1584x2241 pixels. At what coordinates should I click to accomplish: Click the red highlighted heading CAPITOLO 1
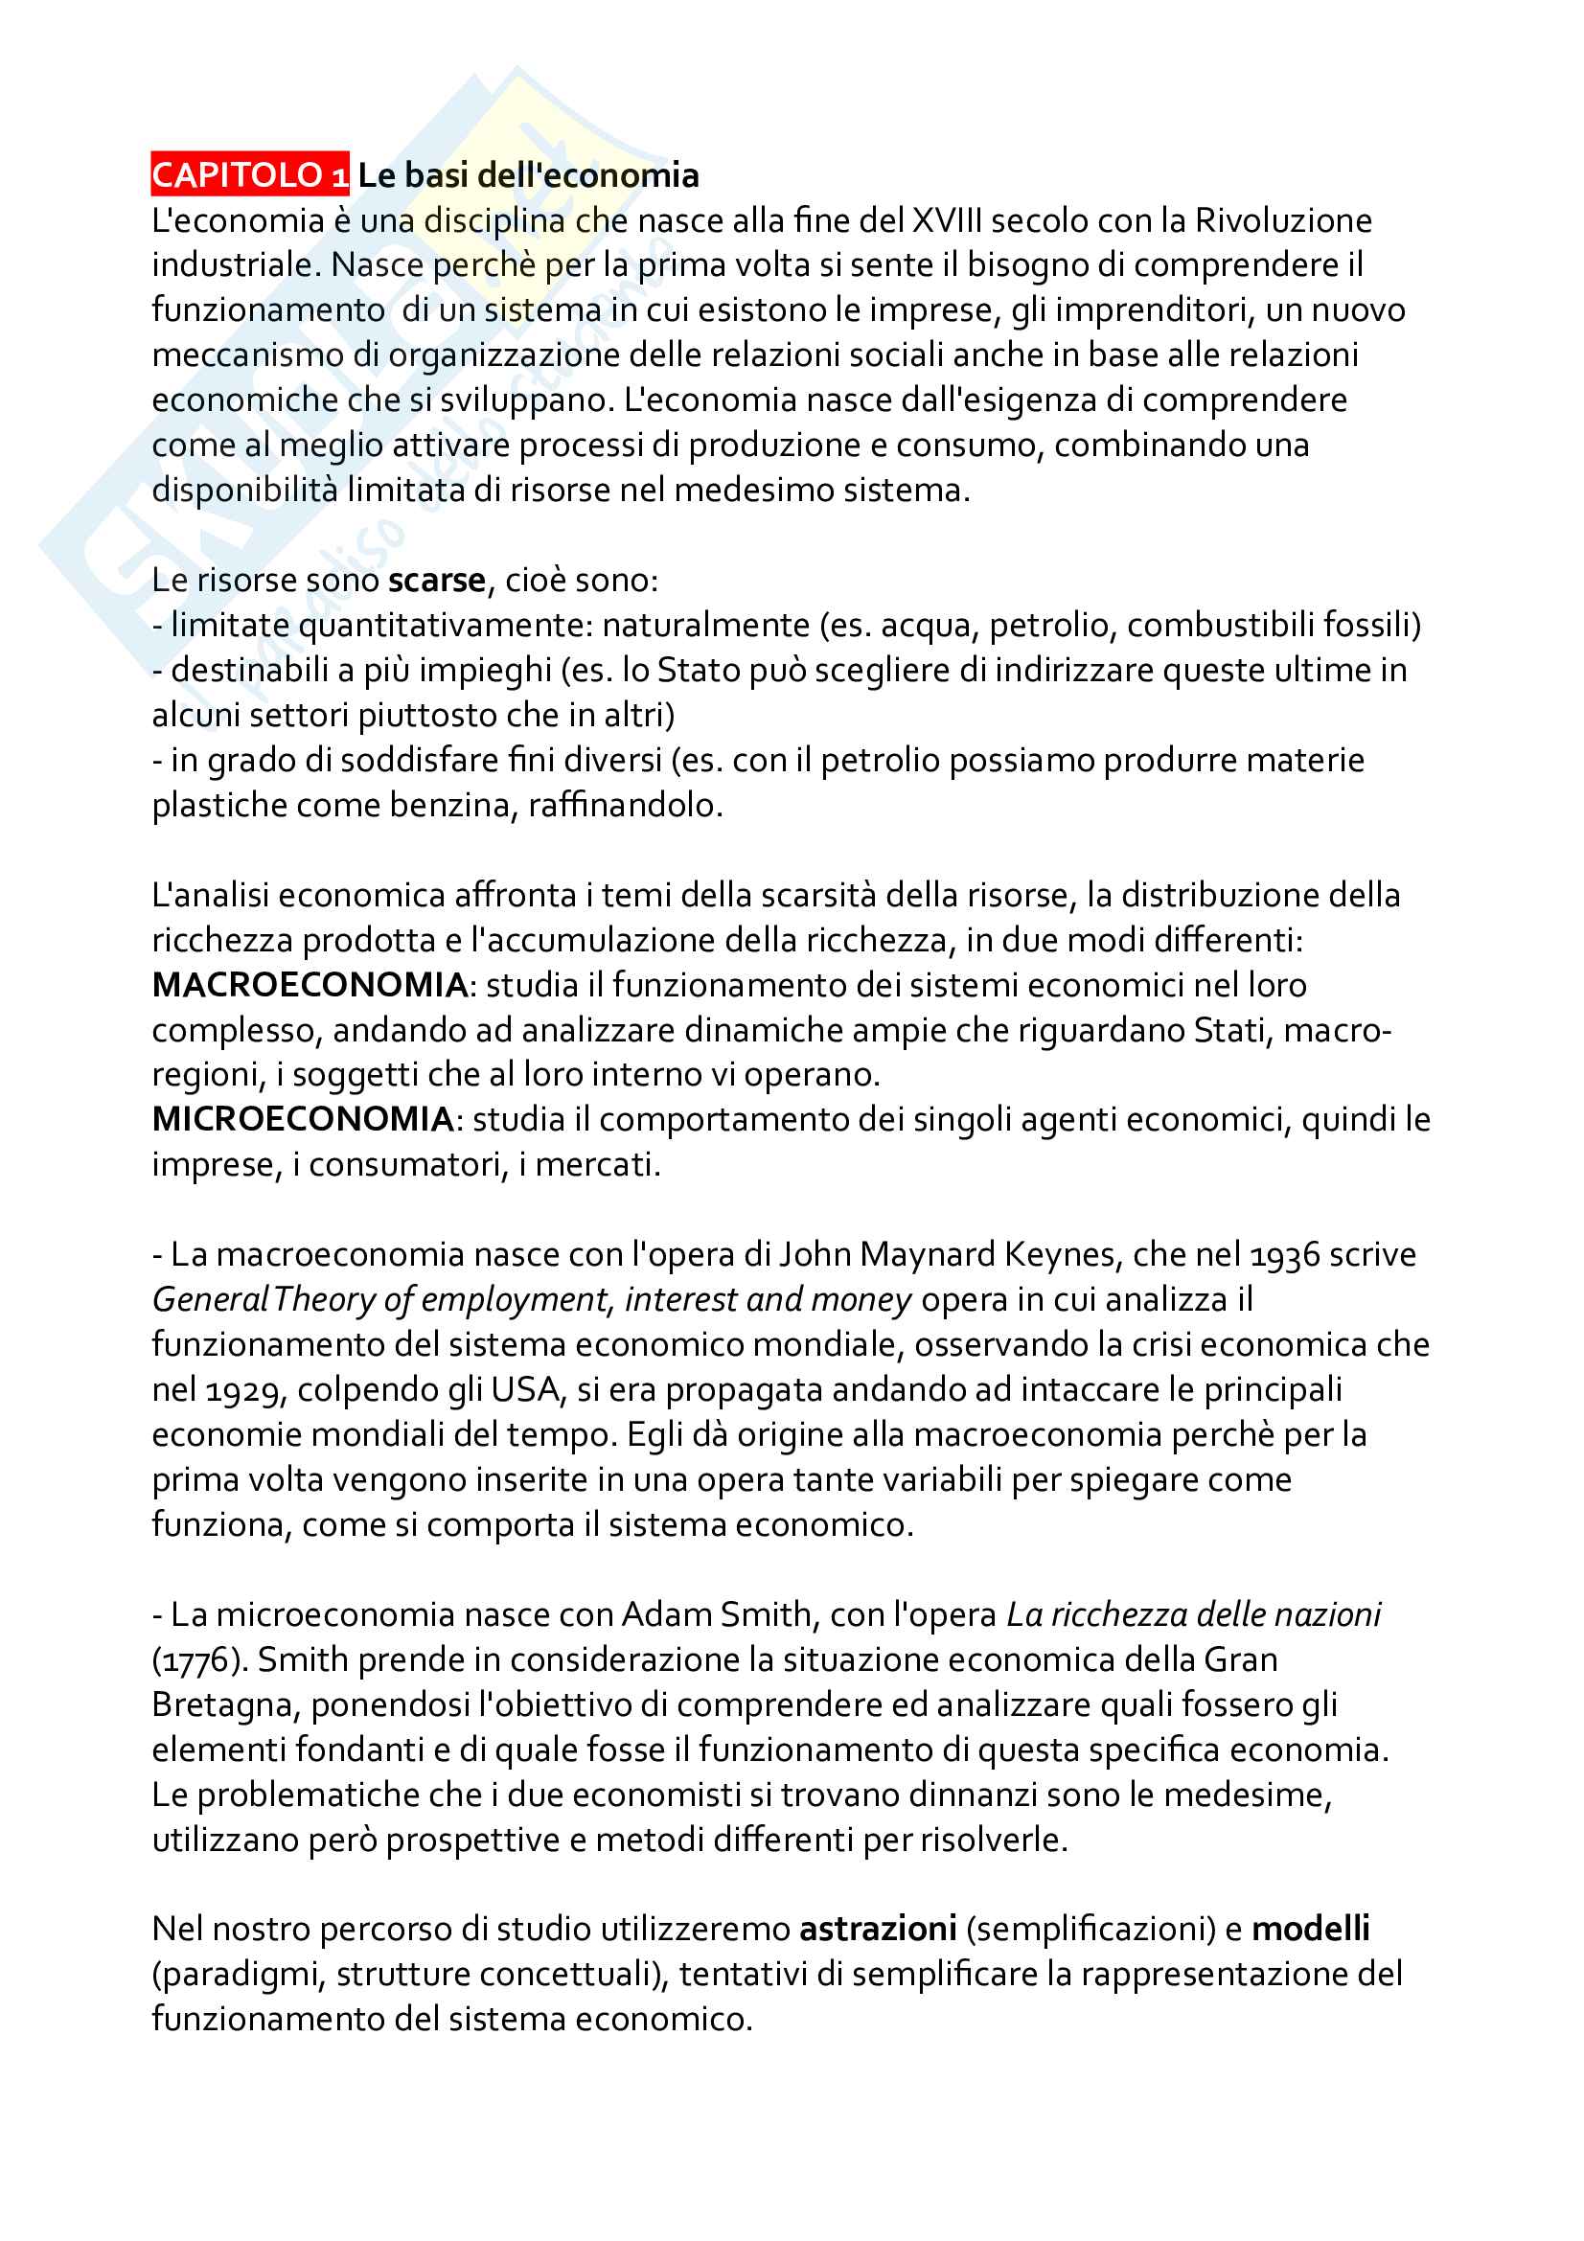pyautogui.click(x=250, y=175)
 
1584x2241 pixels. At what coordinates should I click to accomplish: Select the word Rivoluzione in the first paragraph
pyautogui.click(x=1283, y=220)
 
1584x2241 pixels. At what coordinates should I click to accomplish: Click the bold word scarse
pyautogui.click(x=436, y=581)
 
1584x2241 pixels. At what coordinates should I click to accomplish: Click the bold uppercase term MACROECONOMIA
pyautogui.click(x=310, y=985)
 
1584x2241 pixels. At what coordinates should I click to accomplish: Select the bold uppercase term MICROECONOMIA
pyautogui.click(x=303, y=1119)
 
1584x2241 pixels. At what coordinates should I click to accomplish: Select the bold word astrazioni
pyautogui.click(x=878, y=1929)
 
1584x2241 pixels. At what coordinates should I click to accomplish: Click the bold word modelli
pyautogui.click(x=1311, y=1929)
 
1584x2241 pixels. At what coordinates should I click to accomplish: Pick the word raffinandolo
pyautogui.click(x=624, y=805)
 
